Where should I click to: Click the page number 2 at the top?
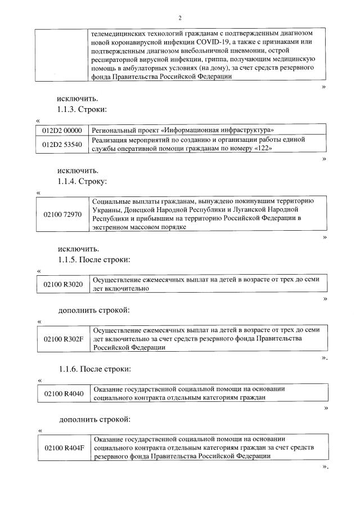179,17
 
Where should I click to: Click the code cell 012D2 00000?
62,130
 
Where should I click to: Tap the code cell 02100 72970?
62,214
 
